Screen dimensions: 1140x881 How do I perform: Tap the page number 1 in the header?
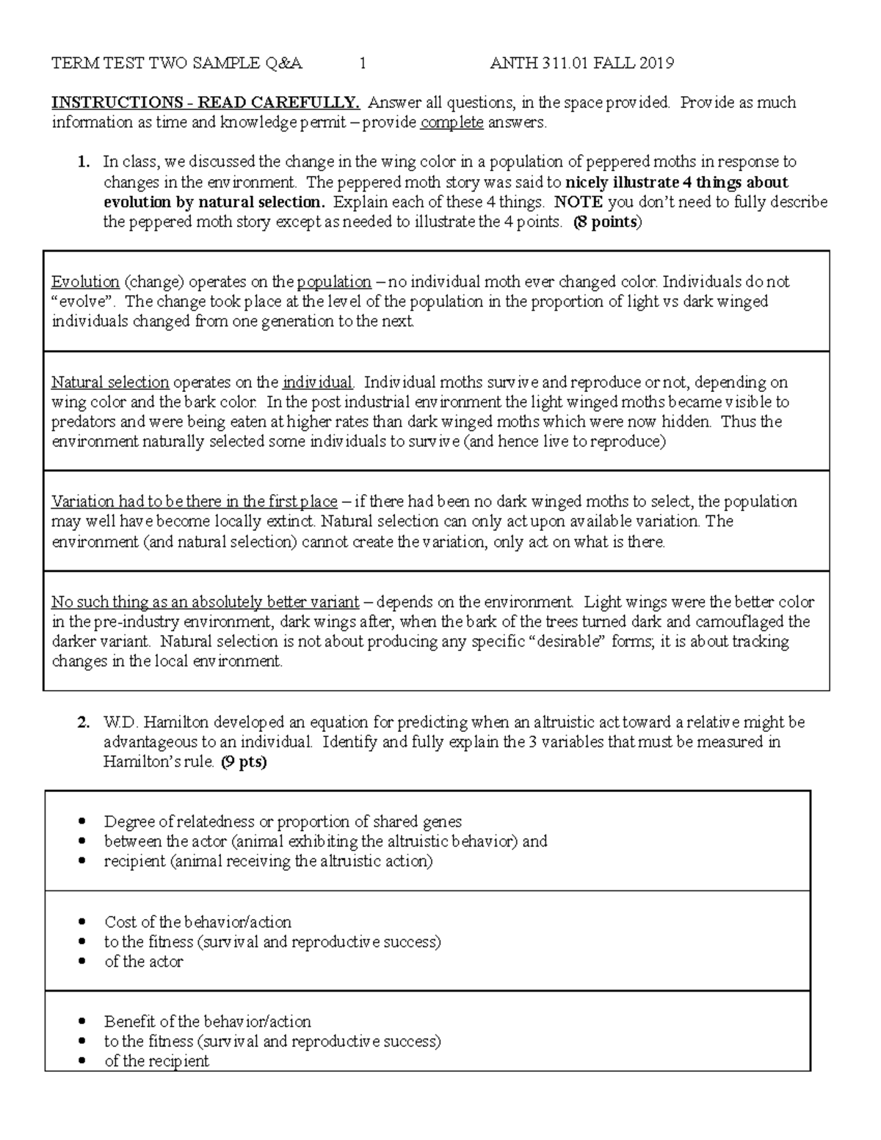tap(363, 64)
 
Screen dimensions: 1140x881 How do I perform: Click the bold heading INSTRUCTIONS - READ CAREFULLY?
tap(206, 103)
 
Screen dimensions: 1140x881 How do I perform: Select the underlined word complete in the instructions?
tap(452, 123)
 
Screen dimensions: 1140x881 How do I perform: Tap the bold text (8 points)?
tap(606, 222)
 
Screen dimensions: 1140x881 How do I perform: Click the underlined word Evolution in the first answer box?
tap(85, 282)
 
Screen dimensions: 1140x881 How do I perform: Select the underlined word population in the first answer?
tap(334, 282)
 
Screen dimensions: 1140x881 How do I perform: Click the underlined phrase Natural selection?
tap(110, 382)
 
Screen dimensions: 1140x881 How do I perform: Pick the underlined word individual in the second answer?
tap(318, 382)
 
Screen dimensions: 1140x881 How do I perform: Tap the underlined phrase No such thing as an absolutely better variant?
tap(205, 603)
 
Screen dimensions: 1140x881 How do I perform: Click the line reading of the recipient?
tap(156, 1061)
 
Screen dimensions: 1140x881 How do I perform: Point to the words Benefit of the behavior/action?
tap(208, 1021)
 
